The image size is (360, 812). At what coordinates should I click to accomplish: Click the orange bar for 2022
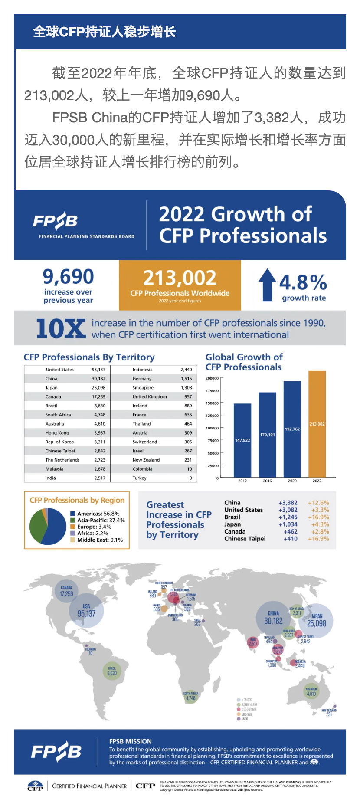tap(317, 424)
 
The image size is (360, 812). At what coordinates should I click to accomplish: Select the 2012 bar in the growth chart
tap(242, 440)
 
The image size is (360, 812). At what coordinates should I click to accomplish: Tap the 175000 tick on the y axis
tap(213, 391)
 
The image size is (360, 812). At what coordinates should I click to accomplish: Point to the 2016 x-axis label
tap(267, 481)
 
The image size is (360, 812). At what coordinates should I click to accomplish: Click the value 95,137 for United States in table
tap(98, 370)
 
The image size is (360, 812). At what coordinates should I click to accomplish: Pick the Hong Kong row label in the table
tap(57, 433)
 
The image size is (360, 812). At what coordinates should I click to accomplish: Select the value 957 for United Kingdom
tap(188, 397)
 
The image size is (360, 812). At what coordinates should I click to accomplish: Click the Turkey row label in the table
tap(140, 478)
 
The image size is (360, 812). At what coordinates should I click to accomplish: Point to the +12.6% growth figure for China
tap(318, 503)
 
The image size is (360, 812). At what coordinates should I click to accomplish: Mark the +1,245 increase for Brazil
tap(288, 517)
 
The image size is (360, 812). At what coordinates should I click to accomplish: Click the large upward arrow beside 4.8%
tap(267, 285)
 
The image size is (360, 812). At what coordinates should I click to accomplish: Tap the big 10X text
tap(61, 328)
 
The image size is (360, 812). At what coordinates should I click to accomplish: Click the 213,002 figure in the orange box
tap(180, 278)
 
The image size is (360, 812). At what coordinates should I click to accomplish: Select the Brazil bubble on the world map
tap(112, 671)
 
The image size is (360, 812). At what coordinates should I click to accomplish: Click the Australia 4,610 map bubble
tap(311, 692)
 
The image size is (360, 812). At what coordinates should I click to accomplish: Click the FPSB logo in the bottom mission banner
tap(56, 752)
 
